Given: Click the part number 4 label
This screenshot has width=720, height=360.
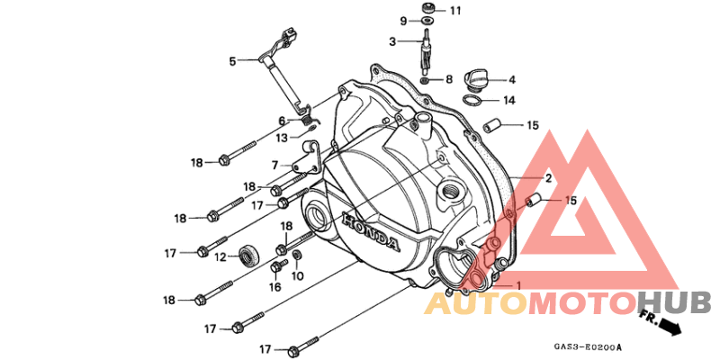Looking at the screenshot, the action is click(x=511, y=80).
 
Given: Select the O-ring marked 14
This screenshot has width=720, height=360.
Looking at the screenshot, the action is click(x=472, y=100).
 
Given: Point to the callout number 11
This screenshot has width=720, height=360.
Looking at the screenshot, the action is click(x=455, y=11).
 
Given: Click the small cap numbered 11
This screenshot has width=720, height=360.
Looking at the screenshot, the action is click(x=429, y=8).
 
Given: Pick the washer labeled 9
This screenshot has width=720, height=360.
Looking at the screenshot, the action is click(x=428, y=21).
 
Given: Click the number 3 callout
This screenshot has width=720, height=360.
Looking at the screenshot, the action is click(x=392, y=41).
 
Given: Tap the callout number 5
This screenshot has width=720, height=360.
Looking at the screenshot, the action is click(x=233, y=60).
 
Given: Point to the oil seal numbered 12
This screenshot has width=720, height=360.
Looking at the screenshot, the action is click(x=249, y=256).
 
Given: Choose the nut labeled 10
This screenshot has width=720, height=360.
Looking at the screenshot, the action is click(x=297, y=255).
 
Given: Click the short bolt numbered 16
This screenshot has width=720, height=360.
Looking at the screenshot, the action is click(x=277, y=265).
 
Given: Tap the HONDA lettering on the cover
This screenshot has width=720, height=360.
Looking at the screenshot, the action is click(x=370, y=233).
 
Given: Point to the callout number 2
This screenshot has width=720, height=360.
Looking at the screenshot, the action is click(x=548, y=178).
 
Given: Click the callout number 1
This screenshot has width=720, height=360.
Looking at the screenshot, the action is click(x=519, y=285).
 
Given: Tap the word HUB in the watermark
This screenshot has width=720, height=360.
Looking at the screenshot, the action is click(x=674, y=303).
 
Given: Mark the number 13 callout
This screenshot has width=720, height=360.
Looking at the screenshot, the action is click(x=283, y=138).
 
